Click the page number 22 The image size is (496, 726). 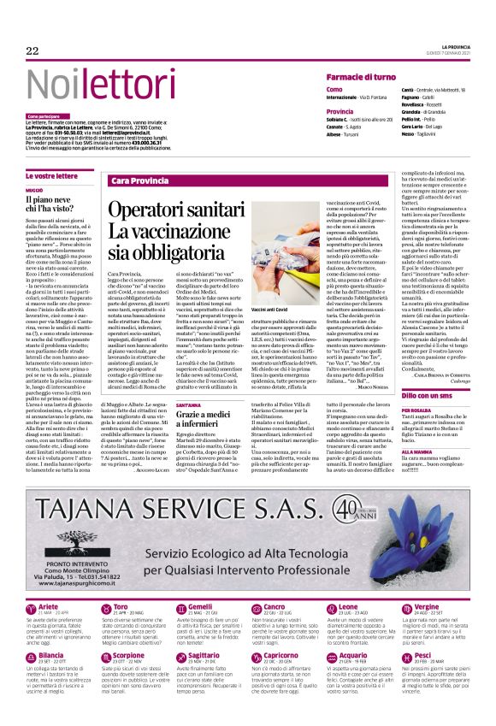32,51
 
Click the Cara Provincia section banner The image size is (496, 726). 140,181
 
